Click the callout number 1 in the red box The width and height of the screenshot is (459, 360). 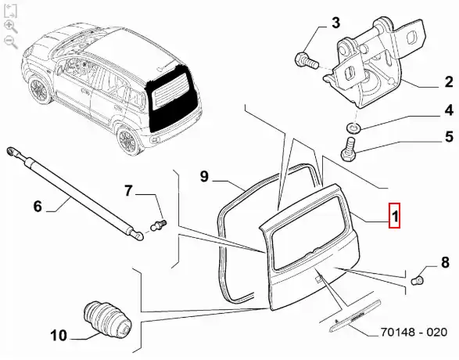(x=394, y=215)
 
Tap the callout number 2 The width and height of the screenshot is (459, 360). (x=448, y=82)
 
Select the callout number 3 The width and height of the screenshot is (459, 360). (x=335, y=23)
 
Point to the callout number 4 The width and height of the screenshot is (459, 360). (x=449, y=110)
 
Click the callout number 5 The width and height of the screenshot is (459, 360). (x=449, y=137)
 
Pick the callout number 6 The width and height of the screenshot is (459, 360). (x=38, y=206)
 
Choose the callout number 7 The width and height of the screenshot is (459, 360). (x=128, y=191)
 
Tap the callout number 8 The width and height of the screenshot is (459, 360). (x=445, y=262)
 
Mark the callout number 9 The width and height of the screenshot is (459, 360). (x=204, y=176)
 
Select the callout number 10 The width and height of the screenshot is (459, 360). (x=59, y=335)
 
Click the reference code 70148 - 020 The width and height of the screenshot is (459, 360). (x=414, y=332)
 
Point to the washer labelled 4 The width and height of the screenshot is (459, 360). (x=353, y=128)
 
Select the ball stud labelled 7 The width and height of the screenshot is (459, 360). (x=159, y=225)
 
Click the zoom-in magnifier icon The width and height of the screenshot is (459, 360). (x=10, y=27)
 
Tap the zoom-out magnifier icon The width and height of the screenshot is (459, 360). (x=10, y=41)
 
